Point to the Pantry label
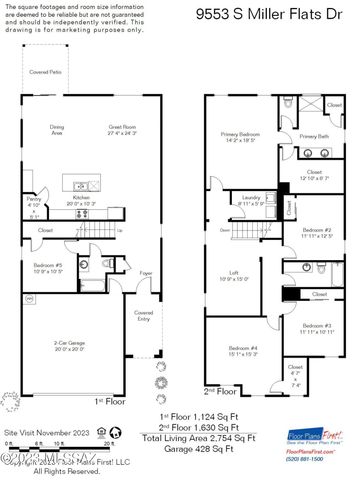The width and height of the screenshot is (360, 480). pos(33,200)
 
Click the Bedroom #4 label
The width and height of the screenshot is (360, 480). pos(242,348)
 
